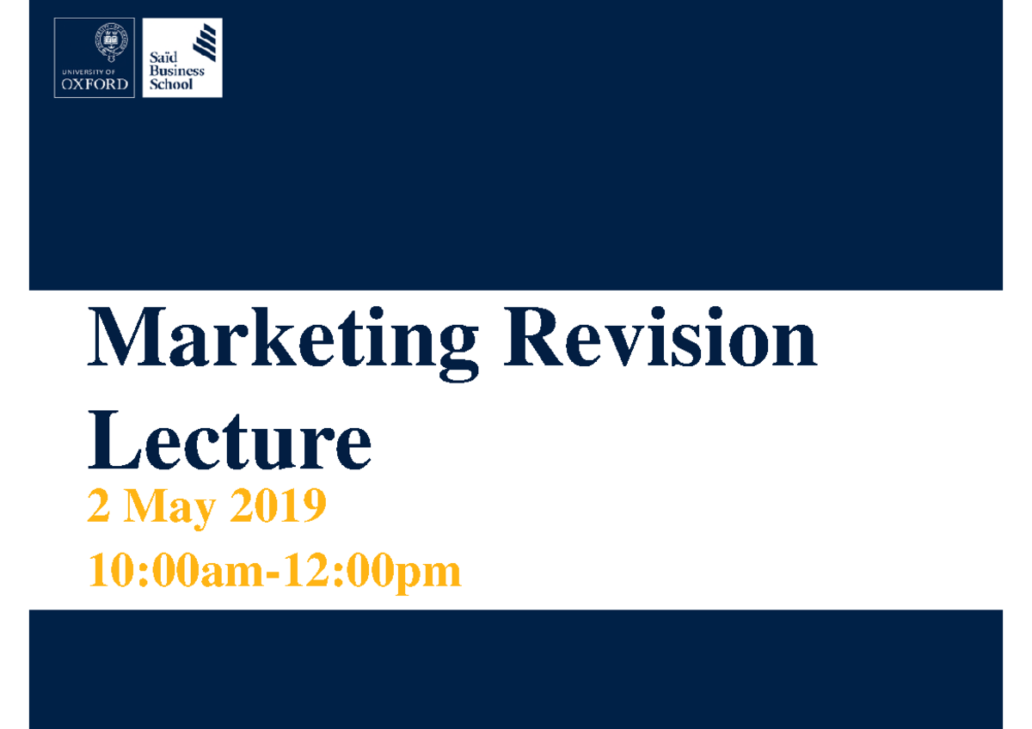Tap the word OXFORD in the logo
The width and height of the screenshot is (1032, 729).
point(95,84)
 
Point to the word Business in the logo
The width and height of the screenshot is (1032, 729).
point(176,71)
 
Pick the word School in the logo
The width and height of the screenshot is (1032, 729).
point(171,84)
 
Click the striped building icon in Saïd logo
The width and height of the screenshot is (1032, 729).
point(206,41)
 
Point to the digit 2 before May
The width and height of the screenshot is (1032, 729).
point(98,506)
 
